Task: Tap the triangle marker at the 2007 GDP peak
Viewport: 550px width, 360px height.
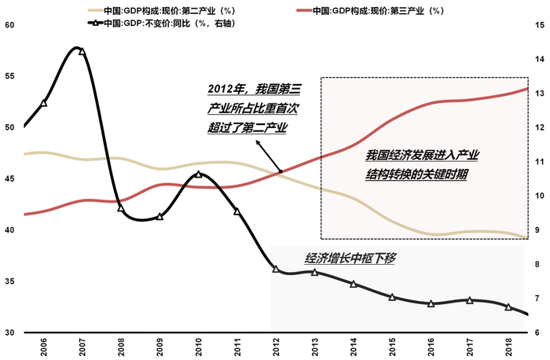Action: [x=82, y=51]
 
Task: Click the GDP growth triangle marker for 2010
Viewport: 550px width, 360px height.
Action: [x=198, y=174]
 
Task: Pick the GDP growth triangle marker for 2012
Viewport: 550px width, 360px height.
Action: [x=276, y=269]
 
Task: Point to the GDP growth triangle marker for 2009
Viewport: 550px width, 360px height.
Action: [x=159, y=216]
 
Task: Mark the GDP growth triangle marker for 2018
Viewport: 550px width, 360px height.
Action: [x=508, y=307]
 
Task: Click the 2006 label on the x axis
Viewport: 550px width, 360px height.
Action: [x=44, y=346]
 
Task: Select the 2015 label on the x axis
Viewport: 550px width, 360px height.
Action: [x=392, y=346]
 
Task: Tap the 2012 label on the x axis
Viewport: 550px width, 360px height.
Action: [x=276, y=346]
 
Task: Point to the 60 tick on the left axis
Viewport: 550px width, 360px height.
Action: [x=9, y=25]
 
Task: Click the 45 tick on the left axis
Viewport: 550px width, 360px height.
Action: [x=9, y=179]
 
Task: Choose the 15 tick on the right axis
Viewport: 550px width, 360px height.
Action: [x=540, y=25]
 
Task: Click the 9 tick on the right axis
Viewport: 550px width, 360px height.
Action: [x=540, y=230]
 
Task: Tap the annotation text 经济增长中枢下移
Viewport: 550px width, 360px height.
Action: [x=348, y=257]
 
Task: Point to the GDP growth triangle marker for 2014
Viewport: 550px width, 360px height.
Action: [x=354, y=284]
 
